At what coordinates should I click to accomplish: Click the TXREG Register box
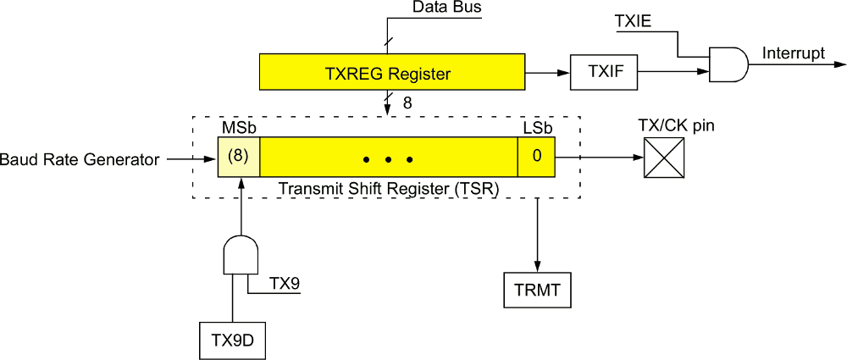[387, 73]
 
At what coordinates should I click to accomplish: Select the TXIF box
[606, 73]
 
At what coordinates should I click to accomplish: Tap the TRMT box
[537, 290]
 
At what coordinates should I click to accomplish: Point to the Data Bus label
[447, 8]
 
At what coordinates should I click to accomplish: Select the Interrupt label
[794, 54]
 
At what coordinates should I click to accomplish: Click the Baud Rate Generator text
[80, 158]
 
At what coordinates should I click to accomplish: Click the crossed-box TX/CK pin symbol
[664, 158]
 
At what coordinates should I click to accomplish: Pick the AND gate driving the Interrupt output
[728, 64]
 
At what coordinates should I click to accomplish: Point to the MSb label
[239, 128]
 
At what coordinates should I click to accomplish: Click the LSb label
[535, 128]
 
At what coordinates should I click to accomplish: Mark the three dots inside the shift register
[387, 158]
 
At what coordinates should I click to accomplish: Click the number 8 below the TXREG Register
[407, 103]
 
